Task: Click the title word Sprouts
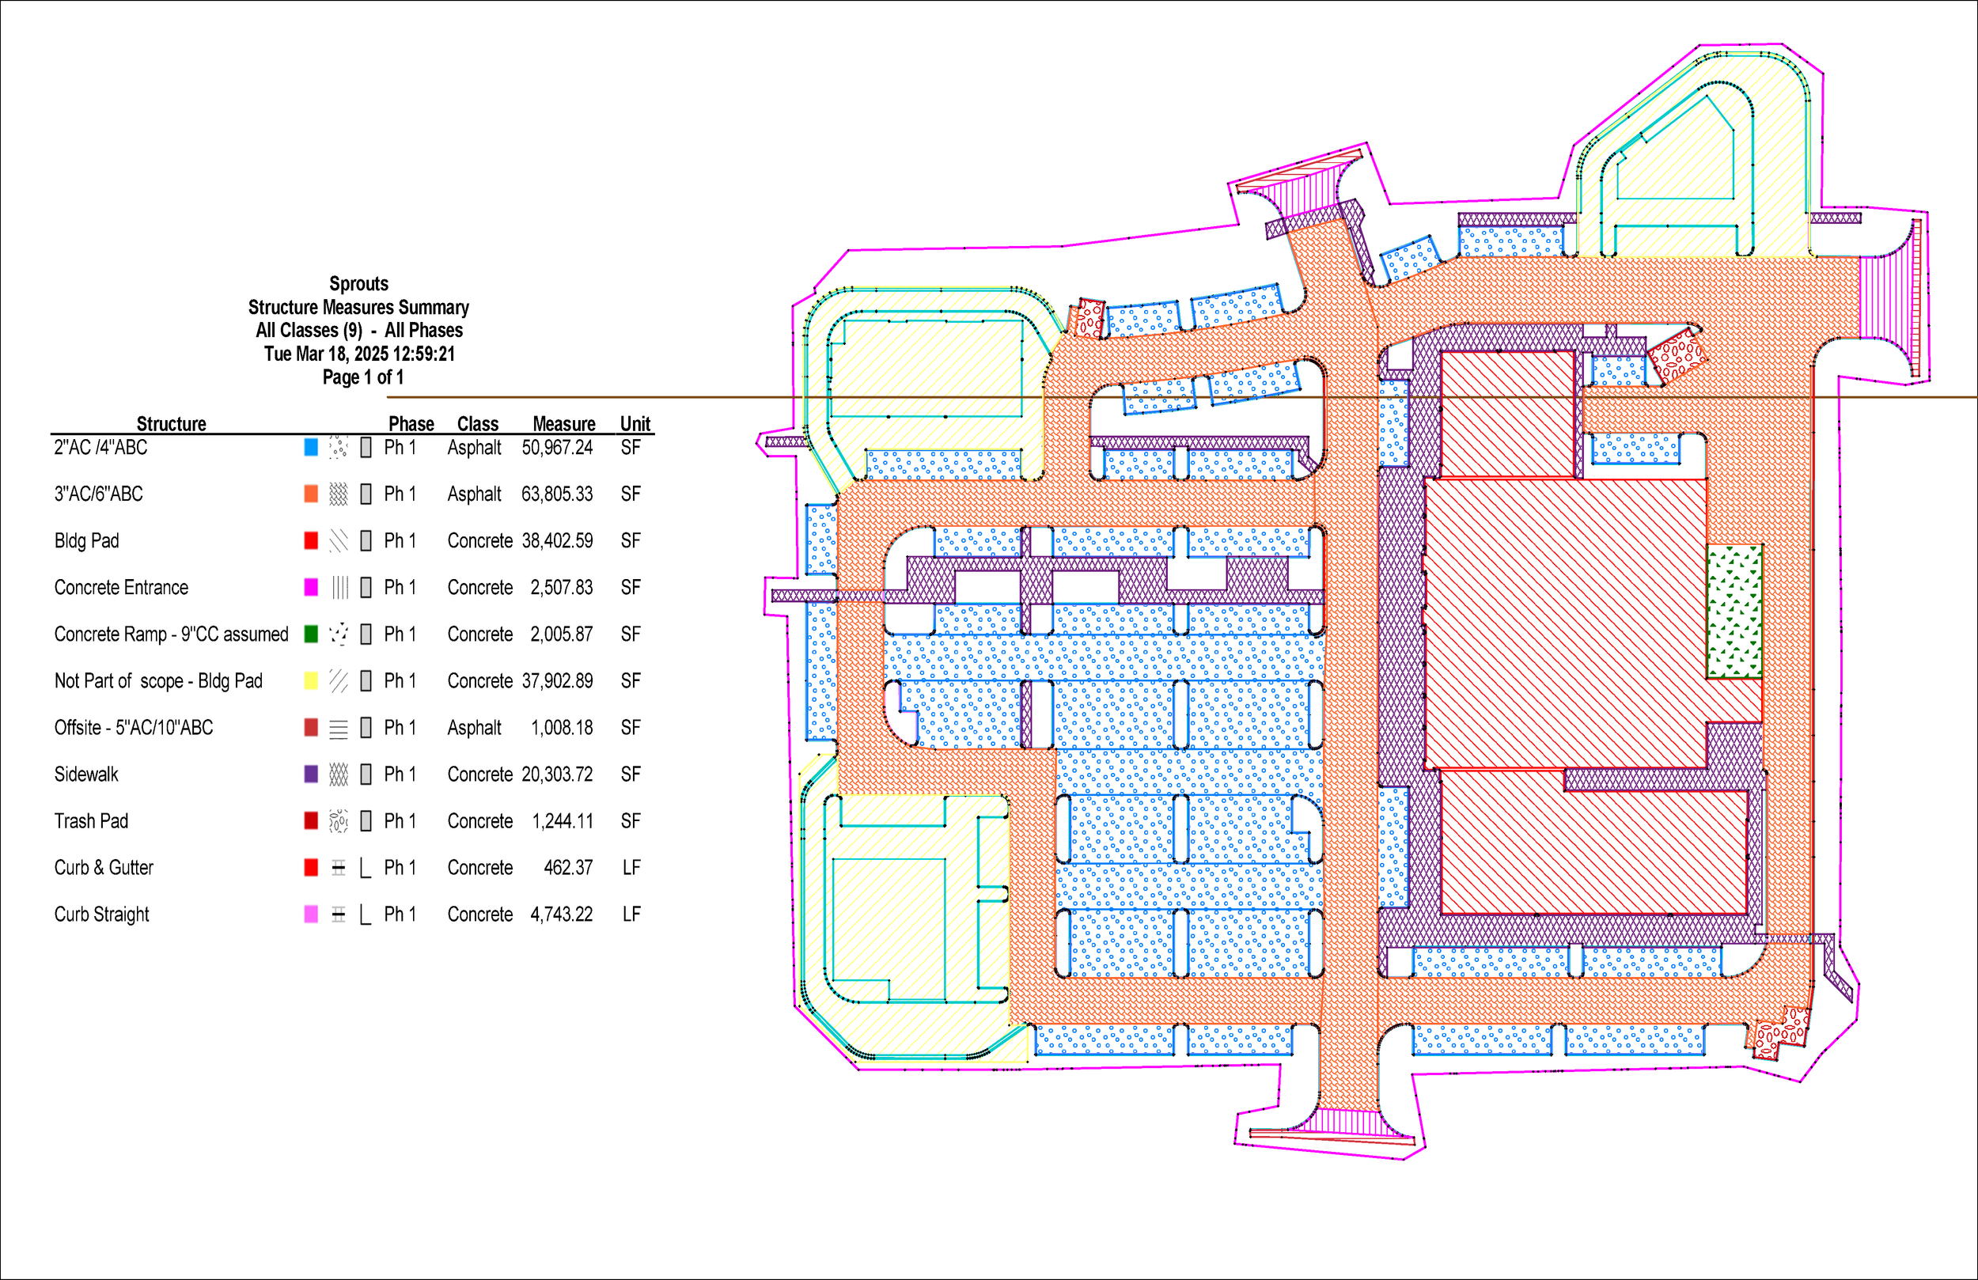tap(358, 283)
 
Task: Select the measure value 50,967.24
tap(557, 447)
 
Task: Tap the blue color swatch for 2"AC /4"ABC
tap(311, 447)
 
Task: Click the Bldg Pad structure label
tap(86, 541)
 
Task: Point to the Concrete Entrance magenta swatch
tap(311, 588)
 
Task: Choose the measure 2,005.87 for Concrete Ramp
tap(561, 634)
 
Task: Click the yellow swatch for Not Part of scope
tap(311, 680)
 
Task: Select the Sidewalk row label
tap(86, 774)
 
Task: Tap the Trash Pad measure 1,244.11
tap(563, 821)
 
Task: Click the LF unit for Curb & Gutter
tap(631, 868)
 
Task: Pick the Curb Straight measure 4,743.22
tap(561, 915)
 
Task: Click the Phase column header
tap(411, 424)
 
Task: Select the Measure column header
tap(563, 424)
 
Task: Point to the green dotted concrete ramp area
tap(1734, 611)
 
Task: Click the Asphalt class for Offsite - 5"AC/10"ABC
tap(474, 728)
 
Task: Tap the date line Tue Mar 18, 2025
tap(359, 354)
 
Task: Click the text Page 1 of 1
tap(362, 377)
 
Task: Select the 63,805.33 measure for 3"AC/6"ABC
tap(557, 494)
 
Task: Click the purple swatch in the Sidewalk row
tap(311, 774)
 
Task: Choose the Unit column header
tap(635, 424)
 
